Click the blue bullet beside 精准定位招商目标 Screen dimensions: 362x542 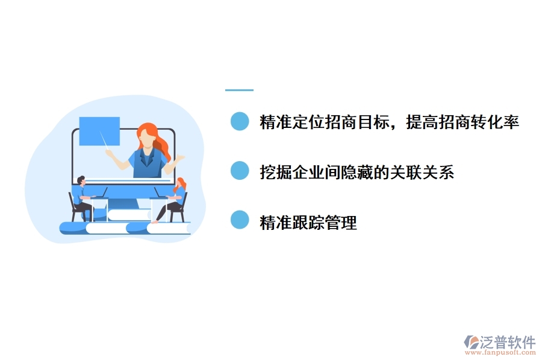240,122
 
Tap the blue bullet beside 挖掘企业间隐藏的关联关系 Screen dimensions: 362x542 240,171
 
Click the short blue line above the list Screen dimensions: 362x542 239,90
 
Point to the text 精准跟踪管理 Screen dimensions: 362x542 308,223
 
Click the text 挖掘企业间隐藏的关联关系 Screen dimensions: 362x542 357,173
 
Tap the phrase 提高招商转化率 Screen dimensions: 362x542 463,122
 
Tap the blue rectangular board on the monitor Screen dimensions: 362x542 99,131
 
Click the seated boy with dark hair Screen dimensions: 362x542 81,196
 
